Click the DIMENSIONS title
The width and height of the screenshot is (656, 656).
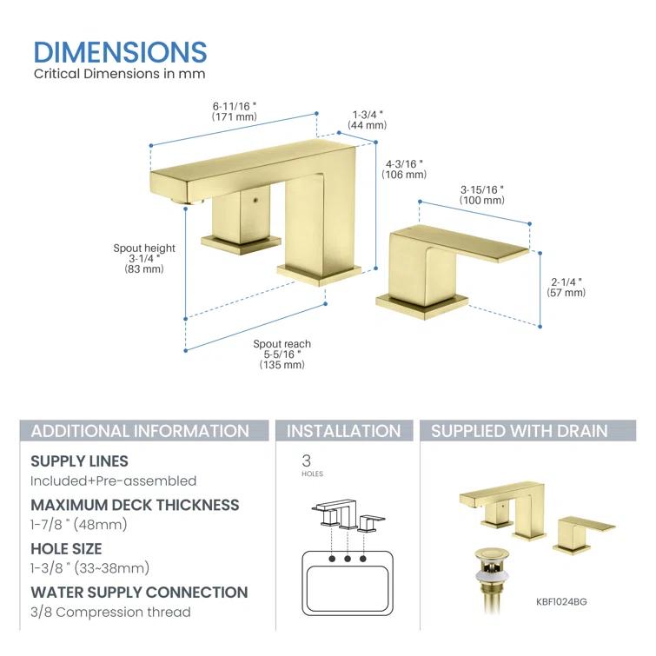(x=120, y=51)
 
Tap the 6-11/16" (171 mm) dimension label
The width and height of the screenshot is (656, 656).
(x=235, y=111)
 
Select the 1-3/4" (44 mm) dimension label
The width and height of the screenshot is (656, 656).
(x=367, y=119)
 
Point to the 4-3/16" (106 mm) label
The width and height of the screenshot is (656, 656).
(x=402, y=169)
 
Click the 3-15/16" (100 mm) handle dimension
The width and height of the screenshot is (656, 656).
(x=482, y=195)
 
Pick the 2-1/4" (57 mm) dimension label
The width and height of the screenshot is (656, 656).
(x=568, y=287)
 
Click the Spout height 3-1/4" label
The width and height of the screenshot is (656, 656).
(x=144, y=259)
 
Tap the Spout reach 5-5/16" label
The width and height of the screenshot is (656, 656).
(x=282, y=355)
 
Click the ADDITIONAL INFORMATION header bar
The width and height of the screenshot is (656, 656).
(x=140, y=431)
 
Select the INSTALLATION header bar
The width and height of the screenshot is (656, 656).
(x=344, y=431)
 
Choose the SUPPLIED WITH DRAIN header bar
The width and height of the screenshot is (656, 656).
(x=520, y=431)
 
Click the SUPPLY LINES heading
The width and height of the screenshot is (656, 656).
(x=79, y=461)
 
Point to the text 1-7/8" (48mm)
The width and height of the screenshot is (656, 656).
(x=79, y=525)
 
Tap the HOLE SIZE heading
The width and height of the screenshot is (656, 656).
(x=66, y=549)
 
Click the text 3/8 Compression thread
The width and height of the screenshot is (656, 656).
(x=110, y=613)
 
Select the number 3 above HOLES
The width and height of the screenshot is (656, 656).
(x=306, y=461)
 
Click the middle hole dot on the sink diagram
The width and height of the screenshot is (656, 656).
(x=347, y=558)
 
